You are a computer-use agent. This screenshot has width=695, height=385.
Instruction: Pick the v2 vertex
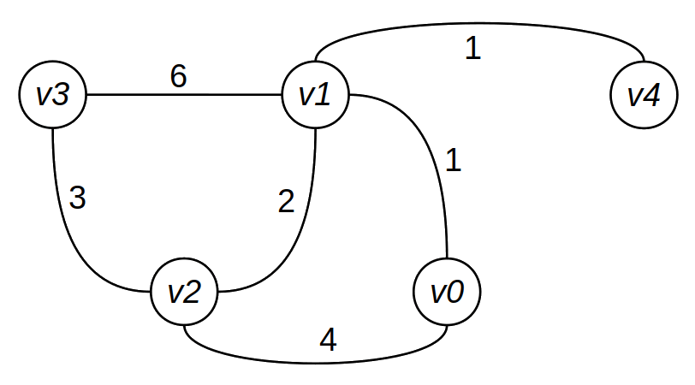pos(185,292)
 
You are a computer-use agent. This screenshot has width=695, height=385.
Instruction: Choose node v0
pos(447,292)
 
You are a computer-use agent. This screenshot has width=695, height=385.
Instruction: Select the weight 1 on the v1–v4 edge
pos(472,48)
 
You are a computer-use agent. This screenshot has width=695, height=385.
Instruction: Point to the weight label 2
pos(287,202)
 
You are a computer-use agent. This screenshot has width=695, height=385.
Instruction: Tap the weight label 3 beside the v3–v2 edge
pos(77,198)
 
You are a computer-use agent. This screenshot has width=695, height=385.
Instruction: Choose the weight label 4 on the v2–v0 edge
pos(328,341)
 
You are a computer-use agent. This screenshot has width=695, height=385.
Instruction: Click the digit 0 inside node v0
pos(456,292)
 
